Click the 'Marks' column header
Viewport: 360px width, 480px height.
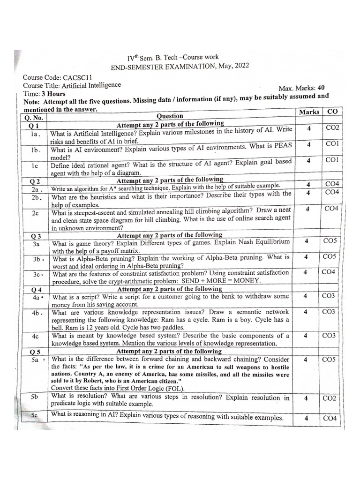(308, 112)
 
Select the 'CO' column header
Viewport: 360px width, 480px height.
(332, 112)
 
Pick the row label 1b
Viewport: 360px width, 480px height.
(37, 150)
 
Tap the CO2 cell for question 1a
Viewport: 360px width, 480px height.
(332, 127)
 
